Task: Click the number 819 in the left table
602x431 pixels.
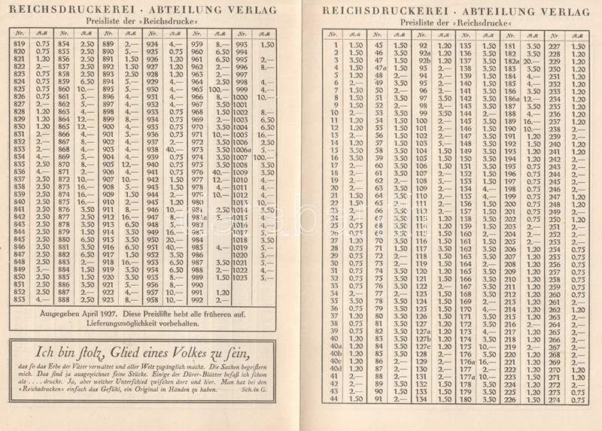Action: [20, 45]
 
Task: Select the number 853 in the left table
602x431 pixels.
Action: [20, 299]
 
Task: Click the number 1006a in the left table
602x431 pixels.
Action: [242, 150]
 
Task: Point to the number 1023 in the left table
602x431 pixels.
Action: [241, 277]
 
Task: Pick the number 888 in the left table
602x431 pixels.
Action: [64, 299]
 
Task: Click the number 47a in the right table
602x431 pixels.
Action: [379, 68]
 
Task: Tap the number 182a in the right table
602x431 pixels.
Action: [512, 61]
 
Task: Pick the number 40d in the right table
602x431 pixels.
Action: [336, 369]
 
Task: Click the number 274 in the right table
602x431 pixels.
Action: [555, 399]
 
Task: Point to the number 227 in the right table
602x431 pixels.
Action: [555, 46]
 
